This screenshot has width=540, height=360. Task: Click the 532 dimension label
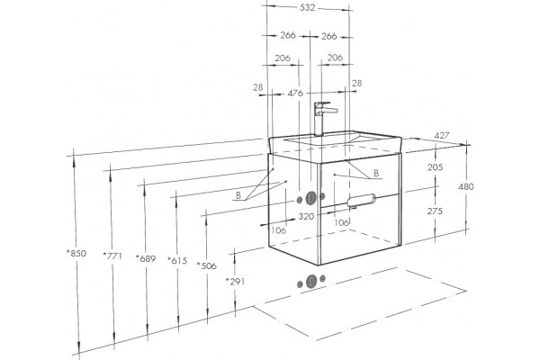(308, 7)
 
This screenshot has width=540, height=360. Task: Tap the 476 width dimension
(295, 93)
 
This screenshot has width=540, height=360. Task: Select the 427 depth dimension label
(442, 136)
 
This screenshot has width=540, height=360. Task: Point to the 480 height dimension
(466, 186)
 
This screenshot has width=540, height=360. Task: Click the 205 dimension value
(436, 167)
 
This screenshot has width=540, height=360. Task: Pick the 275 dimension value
(435, 211)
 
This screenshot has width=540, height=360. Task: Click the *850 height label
(76, 253)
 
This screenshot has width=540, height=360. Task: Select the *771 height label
(112, 256)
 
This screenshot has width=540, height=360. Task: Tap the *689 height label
(146, 258)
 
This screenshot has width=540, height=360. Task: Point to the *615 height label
(177, 261)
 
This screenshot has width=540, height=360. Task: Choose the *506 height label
(207, 265)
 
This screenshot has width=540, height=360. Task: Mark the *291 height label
(235, 282)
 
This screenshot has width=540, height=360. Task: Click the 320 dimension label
(306, 216)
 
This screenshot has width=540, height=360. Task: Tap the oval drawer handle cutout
(361, 200)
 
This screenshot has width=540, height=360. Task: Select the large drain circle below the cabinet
(311, 282)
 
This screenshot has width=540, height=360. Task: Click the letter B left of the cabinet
(238, 195)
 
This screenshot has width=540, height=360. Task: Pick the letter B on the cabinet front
(376, 174)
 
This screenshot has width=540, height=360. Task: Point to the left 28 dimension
(258, 87)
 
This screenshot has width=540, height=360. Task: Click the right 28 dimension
(357, 83)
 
